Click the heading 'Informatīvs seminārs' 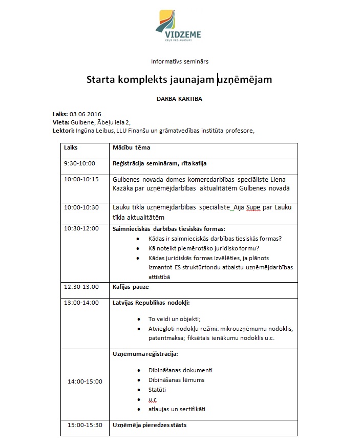pyautogui.click(x=179, y=61)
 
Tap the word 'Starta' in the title pyautogui.click(x=101, y=80)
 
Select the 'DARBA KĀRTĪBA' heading pyautogui.click(x=179, y=99)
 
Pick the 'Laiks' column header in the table pyautogui.click(x=71, y=147)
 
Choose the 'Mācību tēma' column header pyautogui.click(x=131, y=147)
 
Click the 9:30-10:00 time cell pyautogui.click(x=79, y=164)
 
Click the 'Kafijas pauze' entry pyautogui.click(x=131, y=287)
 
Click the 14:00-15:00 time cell pyautogui.click(x=84, y=381)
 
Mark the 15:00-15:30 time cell pyautogui.click(x=84, y=425)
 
